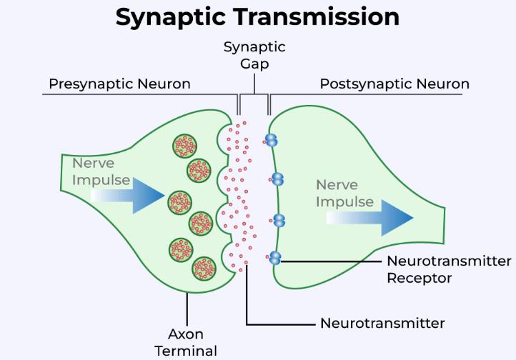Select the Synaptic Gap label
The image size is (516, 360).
tap(254, 55)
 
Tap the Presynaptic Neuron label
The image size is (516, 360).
tap(119, 84)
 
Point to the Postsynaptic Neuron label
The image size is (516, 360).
tap(394, 84)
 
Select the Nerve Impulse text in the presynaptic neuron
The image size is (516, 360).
tap(101, 172)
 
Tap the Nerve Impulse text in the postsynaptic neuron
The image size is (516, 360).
tap(345, 193)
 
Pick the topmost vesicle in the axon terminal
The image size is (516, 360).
tap(185, 146)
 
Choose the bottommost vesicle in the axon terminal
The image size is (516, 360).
tap(204, 269)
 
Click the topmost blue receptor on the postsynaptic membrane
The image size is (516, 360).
tap(271, 140)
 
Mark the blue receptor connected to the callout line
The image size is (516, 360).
tap(275, 258)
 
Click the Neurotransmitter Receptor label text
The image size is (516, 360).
tap(448, 269)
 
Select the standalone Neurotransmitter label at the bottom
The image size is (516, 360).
tap(382, 324)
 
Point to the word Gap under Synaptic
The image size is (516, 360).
tap(254, 64)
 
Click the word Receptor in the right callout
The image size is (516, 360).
tap(419, 278)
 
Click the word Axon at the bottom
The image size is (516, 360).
tap(187, 334)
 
